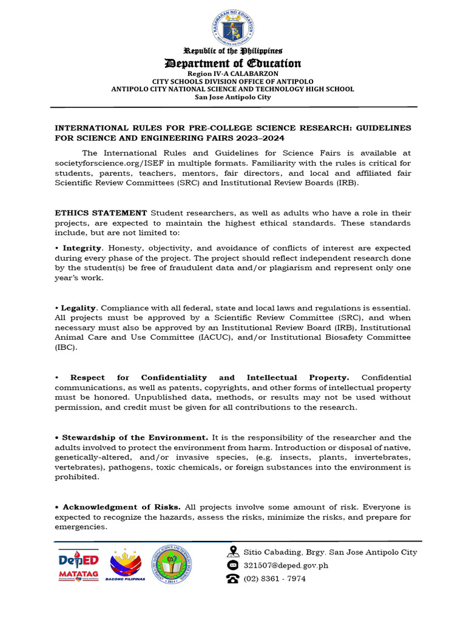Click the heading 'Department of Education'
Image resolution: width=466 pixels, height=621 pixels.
click(233, 64)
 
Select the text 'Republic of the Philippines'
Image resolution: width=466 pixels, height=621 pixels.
click(233, 52)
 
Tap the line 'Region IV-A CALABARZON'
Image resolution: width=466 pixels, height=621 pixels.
click(233, 73)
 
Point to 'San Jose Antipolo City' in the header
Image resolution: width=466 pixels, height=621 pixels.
click(233, 97)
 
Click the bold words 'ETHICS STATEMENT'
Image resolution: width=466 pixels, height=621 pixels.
click(101, 213)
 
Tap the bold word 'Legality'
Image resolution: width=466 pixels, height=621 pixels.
click(81, 308)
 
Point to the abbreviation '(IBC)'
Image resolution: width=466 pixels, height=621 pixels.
click(66, 347)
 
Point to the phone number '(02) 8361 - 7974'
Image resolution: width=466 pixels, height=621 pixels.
click(274, 579)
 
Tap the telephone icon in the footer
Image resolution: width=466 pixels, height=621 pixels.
click(232, 579)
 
